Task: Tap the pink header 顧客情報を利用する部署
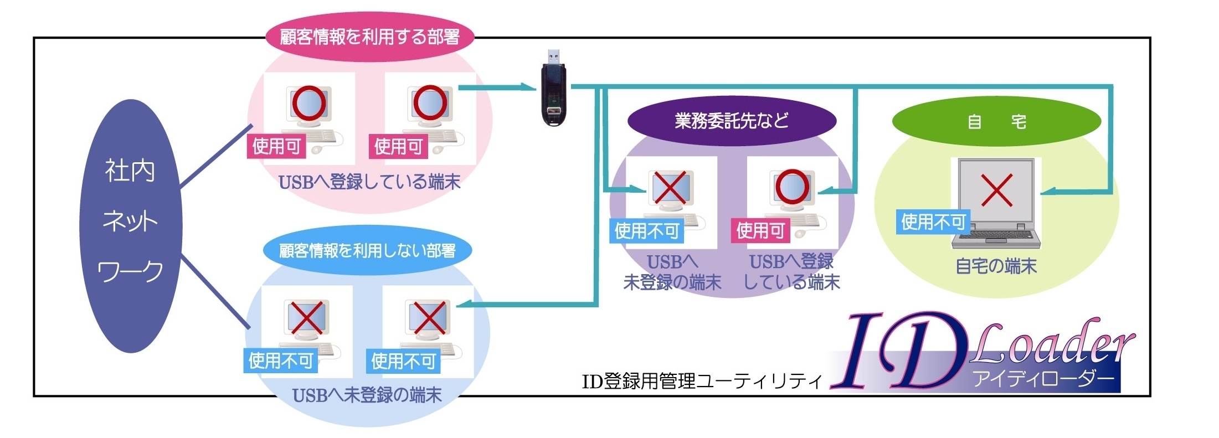[x=370, y=37]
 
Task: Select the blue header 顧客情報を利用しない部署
[x=367, y=251]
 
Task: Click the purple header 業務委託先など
[x=731, y=121]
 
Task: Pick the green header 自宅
[x=996, y=121]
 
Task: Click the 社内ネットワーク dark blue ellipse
[x=131, y=225]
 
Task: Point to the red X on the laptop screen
[x=996, y=190]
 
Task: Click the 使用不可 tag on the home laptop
[x=933, y=222]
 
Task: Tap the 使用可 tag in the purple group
[x=760, y=230]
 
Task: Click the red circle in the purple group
[x=792, y=187]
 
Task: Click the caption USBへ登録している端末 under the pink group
[x=369, y=182]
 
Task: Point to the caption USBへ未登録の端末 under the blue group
[x=367, y=395]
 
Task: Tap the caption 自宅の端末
[x=996, y=266]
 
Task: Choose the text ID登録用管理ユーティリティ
[x=702, y=382]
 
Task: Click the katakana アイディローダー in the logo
[x=1043, y=379]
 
